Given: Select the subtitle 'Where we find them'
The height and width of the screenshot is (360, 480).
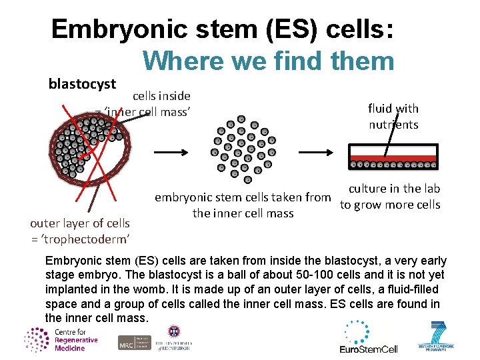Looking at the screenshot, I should tap(268, 61).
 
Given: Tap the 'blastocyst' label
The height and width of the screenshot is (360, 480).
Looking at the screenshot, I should tap(83, 85).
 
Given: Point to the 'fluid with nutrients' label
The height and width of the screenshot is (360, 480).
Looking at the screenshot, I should tap(393, 116).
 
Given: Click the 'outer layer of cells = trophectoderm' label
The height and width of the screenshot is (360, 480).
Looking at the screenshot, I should tap(80, 231).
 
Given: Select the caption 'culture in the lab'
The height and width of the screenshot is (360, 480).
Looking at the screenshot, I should tap(394, 189).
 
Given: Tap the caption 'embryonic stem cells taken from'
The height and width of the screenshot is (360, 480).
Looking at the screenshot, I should tap(243, 197).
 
